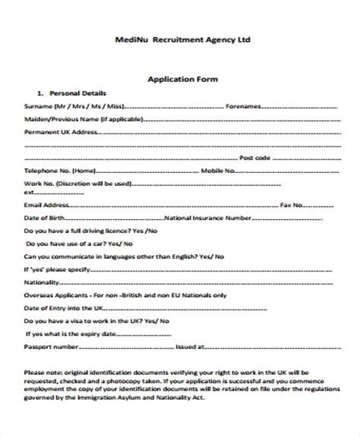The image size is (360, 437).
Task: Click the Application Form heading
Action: pos(180,78)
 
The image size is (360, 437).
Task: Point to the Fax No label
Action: pos(293,206)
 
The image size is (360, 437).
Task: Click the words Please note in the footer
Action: pos(43,372)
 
